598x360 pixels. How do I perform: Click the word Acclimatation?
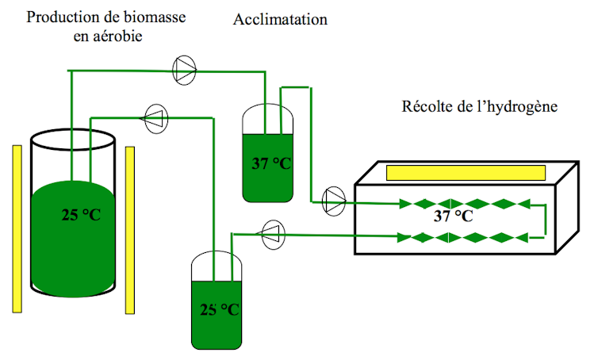(x=280, y=19)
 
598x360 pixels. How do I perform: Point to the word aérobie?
(x=118, y=36)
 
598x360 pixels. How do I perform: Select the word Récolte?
(x=426, y=105)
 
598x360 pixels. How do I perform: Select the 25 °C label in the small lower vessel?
(x=217, y=308)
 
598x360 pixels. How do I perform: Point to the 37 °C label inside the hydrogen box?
(x=454, y=215)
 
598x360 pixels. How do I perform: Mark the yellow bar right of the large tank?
(x=131, y=229)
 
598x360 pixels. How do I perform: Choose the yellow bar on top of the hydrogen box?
(x=466, y=172)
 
